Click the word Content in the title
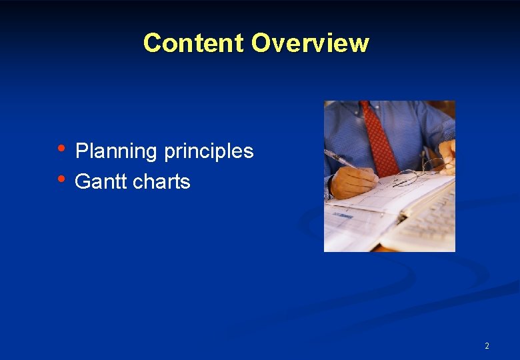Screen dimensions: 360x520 [x=193, y=43]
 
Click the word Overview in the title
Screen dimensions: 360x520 [x=309, y=43]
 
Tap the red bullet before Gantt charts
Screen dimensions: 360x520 [x=61, y=179]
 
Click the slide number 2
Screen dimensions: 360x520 [x=487, y=346]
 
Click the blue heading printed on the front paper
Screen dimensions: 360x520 [x=343, y=215]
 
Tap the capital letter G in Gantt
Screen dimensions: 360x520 [x=83, y=181]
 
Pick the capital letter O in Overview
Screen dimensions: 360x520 [x=261, y=43]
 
